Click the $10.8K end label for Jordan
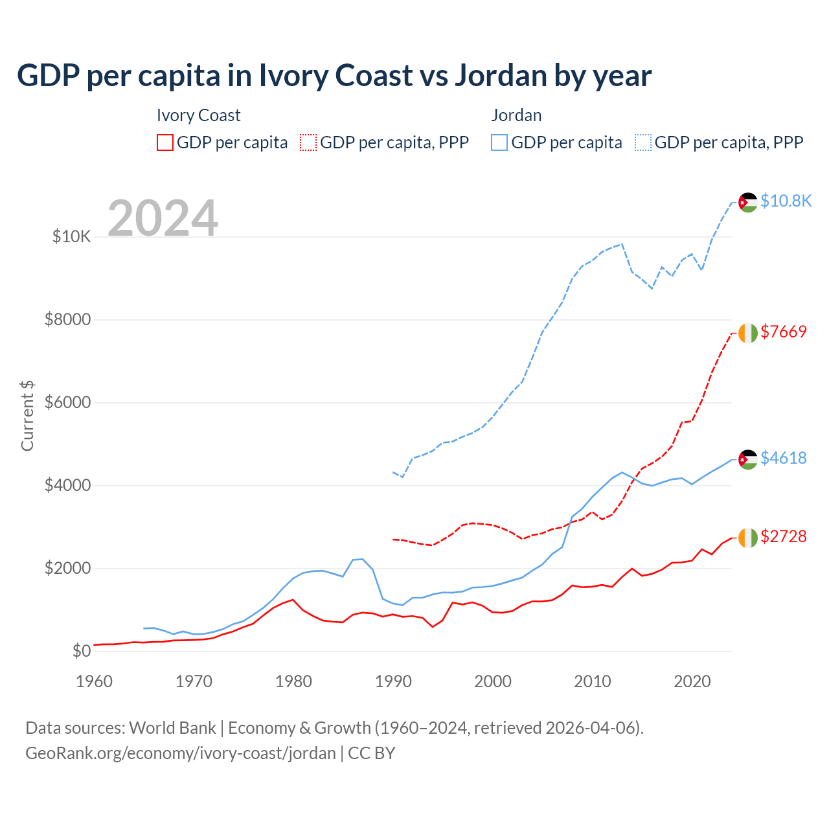click(x=786, y=201)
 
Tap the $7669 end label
click(x=783, y=332)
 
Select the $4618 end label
click(x=783, y=459)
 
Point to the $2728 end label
click(x=783, y=537)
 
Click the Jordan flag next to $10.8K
click(x=748, y=202)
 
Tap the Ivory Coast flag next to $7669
click(x=748, y=333)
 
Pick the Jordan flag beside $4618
click(x=748, y=459)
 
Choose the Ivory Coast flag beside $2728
click(x=748, y=538)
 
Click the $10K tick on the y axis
click(x=71, y=237)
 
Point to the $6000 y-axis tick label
click(x=67, y=403)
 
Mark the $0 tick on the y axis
click(x=81, y=652)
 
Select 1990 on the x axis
click(x=393, y=681)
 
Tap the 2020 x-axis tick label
click(x=692, y=681)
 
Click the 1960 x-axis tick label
click(x=95, y=681)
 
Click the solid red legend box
click(x=165, y=142)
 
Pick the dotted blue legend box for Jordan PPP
click(x=643, y=142)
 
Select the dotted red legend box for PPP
click(x=308, y=142)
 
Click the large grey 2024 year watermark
click(x=163, y=218)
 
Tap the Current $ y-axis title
click(x=27, y=416)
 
